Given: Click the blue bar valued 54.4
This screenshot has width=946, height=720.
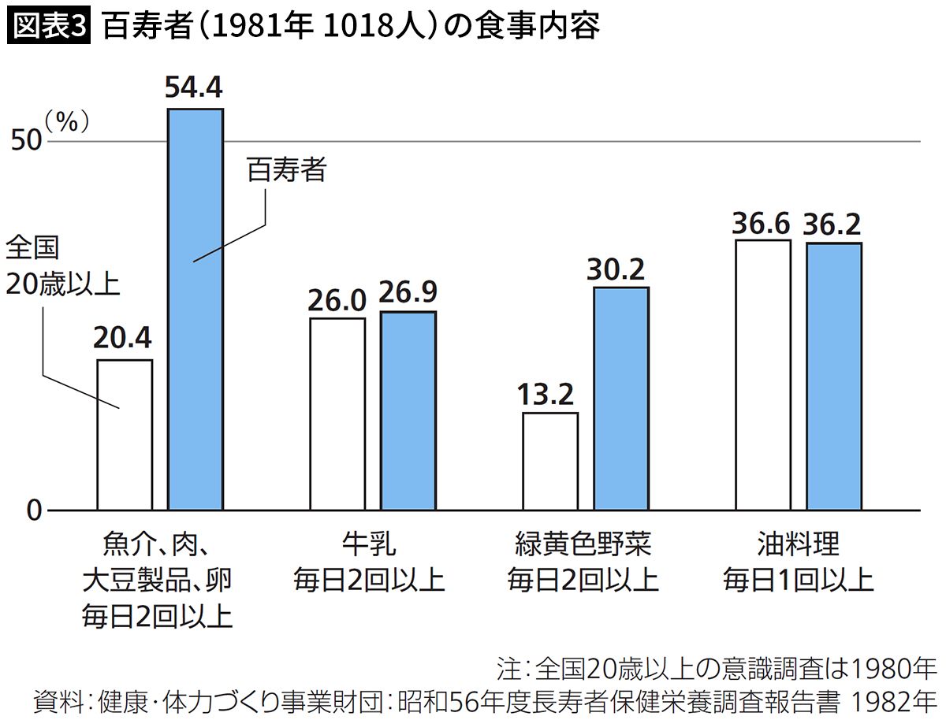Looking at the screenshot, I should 196,309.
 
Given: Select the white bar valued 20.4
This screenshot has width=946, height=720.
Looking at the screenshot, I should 125,435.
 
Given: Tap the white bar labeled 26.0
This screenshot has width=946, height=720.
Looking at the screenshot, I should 337,414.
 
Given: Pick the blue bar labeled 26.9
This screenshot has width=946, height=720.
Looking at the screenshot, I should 408,411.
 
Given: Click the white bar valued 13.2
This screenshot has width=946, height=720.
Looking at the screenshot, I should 550,462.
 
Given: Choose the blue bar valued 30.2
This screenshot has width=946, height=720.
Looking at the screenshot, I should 621,399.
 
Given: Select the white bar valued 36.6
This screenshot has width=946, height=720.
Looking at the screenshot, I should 763,375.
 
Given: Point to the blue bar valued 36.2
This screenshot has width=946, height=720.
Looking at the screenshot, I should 834,377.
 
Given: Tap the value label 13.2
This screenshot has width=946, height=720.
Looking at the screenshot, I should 549,394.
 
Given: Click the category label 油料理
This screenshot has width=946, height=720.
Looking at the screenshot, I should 798,544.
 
